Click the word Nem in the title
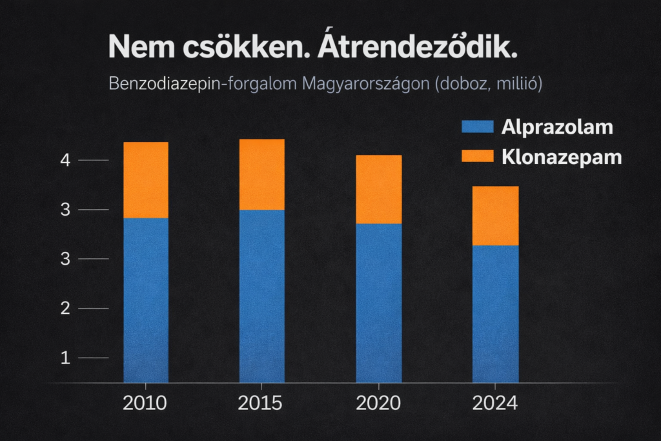tap(136, 48)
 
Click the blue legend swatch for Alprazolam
tap(478, 127)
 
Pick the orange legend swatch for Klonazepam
tap(478, 156)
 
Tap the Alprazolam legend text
tap(557, 127)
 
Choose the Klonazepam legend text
tap(562, 157)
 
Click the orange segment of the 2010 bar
tap(146, 180)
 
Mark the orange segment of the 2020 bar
tap(378, 190)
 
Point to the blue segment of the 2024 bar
tap(495, 314)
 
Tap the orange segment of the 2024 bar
tap(495, 216)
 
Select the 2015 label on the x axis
tap(260, 404)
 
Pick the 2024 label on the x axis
tap(494, 404)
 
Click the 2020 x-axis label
tap(378, 404)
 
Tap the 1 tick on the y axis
tap(65, 358)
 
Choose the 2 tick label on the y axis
tap(65, 308)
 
